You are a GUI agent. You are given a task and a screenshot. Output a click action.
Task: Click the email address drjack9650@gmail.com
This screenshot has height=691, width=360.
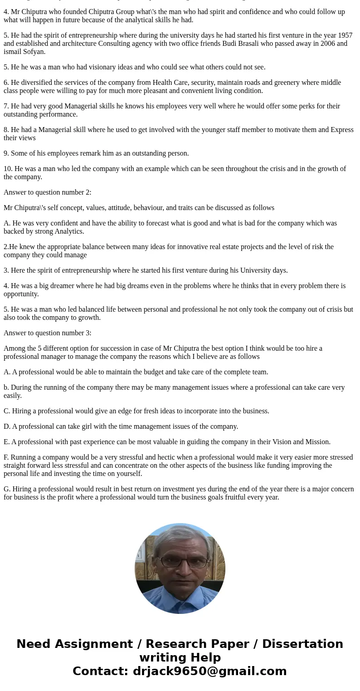[209, 671]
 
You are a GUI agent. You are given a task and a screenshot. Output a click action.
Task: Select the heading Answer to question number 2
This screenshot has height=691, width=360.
[48, 192]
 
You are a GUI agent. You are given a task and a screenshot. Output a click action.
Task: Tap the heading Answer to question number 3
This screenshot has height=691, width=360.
[48, 333]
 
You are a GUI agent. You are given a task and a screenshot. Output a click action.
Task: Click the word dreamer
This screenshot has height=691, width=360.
[57, 286]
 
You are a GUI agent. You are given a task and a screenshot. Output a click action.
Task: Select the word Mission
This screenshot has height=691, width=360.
[317, 442]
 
